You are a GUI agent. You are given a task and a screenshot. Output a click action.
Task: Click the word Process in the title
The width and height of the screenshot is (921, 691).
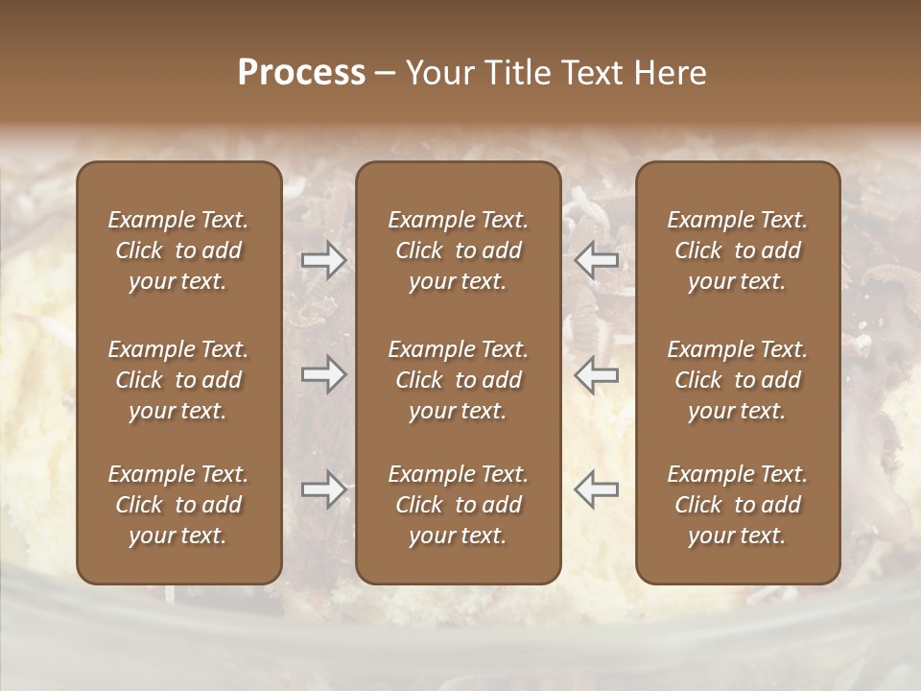tap(301, 73)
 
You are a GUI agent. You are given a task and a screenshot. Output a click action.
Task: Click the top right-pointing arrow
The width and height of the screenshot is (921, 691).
tap(323, 260)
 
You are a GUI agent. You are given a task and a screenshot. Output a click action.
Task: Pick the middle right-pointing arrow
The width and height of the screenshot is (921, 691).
tap(323, 373)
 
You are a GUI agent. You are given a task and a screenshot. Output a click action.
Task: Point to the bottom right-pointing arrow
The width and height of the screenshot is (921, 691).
tap(323, 489)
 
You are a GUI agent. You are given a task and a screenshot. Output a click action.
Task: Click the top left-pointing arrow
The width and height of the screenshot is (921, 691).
tap(597, 260)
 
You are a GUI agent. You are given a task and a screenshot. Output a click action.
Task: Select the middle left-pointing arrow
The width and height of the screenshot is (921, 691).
tap(597, 373)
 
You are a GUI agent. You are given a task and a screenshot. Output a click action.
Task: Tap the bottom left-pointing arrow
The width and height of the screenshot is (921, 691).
tap(597, 489)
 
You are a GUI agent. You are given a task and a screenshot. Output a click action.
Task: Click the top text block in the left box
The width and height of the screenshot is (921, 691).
tap(178, 250)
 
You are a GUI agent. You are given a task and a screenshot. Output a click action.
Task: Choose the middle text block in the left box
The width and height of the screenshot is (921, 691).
tap(178, 380)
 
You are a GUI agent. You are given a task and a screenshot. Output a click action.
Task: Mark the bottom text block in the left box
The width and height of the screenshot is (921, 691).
tap(178, 505)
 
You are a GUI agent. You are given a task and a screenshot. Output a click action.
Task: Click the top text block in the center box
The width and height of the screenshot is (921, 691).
tap(458, 250)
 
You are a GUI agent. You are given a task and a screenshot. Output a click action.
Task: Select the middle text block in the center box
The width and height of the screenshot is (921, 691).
tap(458, 380)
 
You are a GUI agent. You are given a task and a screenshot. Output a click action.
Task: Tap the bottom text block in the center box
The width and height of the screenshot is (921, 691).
tap(458, 505)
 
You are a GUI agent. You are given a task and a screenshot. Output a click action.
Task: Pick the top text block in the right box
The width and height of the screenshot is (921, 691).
tap(738, 250)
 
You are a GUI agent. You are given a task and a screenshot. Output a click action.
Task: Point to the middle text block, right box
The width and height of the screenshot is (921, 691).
tap(738, 380)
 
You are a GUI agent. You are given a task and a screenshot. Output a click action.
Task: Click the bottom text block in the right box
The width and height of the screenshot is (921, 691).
tap(738, 505)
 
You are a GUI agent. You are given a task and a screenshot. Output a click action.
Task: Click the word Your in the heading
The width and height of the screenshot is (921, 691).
tap(437, 73)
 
